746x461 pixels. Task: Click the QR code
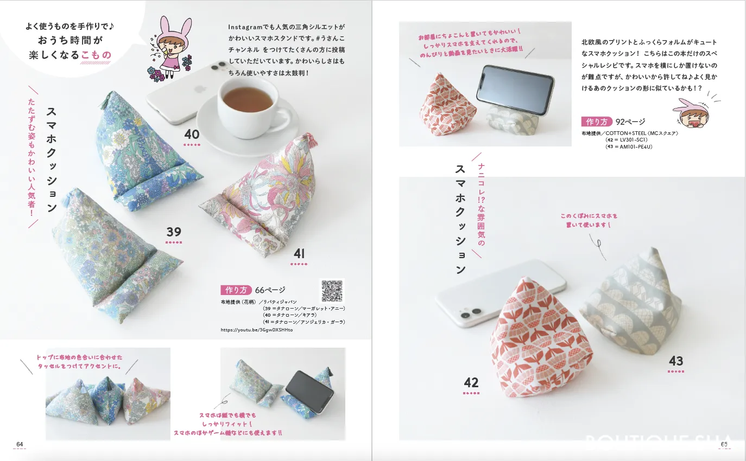coord(332,290)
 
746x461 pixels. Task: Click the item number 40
coord(192,135)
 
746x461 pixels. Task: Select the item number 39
coord(173,232)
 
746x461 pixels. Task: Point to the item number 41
coord(299,254)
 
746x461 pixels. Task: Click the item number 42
coord(471,382)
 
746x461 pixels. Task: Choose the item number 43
coord(675,361)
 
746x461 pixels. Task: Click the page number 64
coord(20,444)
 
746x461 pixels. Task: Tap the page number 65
coord(724,444)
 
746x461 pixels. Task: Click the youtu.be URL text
coord(256,330)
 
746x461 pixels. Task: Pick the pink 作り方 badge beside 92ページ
coord(596,121)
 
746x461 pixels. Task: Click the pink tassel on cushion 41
coord(311,139)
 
